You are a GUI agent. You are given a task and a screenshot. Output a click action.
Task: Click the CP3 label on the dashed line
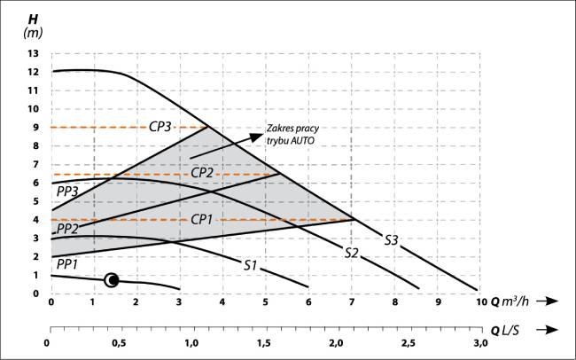tap(160, 127)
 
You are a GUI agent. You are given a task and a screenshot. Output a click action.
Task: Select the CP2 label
tap(202, 172)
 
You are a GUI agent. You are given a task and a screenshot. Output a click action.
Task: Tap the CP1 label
tap(202, 220)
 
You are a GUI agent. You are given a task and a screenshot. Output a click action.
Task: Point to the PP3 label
tap(67, 192)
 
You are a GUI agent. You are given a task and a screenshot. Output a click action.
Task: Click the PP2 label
tap(67, 229)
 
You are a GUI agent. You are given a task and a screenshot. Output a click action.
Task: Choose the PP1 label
tap(66, 264)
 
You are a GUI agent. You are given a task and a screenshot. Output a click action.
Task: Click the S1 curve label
tap(251, 265)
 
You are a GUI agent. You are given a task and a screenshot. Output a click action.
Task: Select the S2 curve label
tap(351, 253)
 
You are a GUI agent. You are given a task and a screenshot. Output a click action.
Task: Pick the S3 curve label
tap(392, 240)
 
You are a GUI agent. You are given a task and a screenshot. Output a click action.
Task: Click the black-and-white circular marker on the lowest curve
tap(112, 280)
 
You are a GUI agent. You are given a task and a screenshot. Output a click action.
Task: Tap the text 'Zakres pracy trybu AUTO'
tap(292, 134)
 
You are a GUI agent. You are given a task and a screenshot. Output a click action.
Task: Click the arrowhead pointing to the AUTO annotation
tap(256, 137)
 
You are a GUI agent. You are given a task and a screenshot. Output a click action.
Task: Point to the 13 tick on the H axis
tap(33, 54)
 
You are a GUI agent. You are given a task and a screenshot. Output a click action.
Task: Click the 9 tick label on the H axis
tap(35, 127)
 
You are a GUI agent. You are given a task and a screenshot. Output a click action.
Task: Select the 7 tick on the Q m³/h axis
tap(352, 301)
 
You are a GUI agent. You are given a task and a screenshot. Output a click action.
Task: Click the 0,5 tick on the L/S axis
tap(118, 343)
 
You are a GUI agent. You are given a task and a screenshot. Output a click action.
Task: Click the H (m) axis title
tap(33, 26)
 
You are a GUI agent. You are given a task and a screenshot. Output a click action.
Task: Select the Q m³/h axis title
tap(510, 301)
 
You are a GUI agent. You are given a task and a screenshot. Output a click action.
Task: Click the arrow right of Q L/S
tap(547, 330)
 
